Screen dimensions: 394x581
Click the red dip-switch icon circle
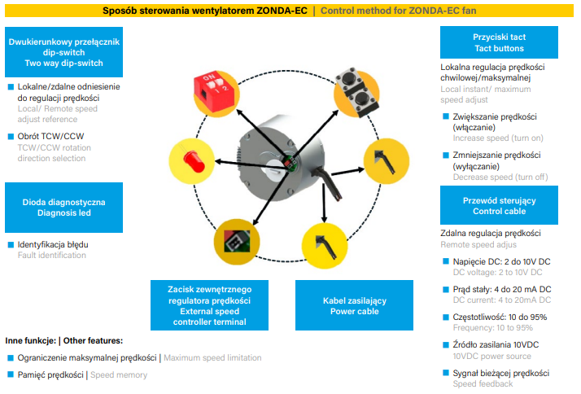pyautogui.click(x=212, y=85)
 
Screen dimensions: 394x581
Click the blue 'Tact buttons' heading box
pyautogui.click(x=498, y=43)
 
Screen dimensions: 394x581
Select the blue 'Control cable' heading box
pyautogui.click(x=498, y=205)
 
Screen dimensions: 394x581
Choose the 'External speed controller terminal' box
pyautogui.click(x=210, y=305)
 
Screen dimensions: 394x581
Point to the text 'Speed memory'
pyautogui.click(x=119, y=375)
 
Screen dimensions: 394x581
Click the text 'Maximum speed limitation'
pyautogui.click(x=213, y=358)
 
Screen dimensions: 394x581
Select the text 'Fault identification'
pyautogui.click(x=51, y=256)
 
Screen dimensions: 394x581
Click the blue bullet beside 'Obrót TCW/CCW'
pyautogui.click(x=11, y=136)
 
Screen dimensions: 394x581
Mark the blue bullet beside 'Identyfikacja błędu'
pyautogui.click(x=11, y=244)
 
